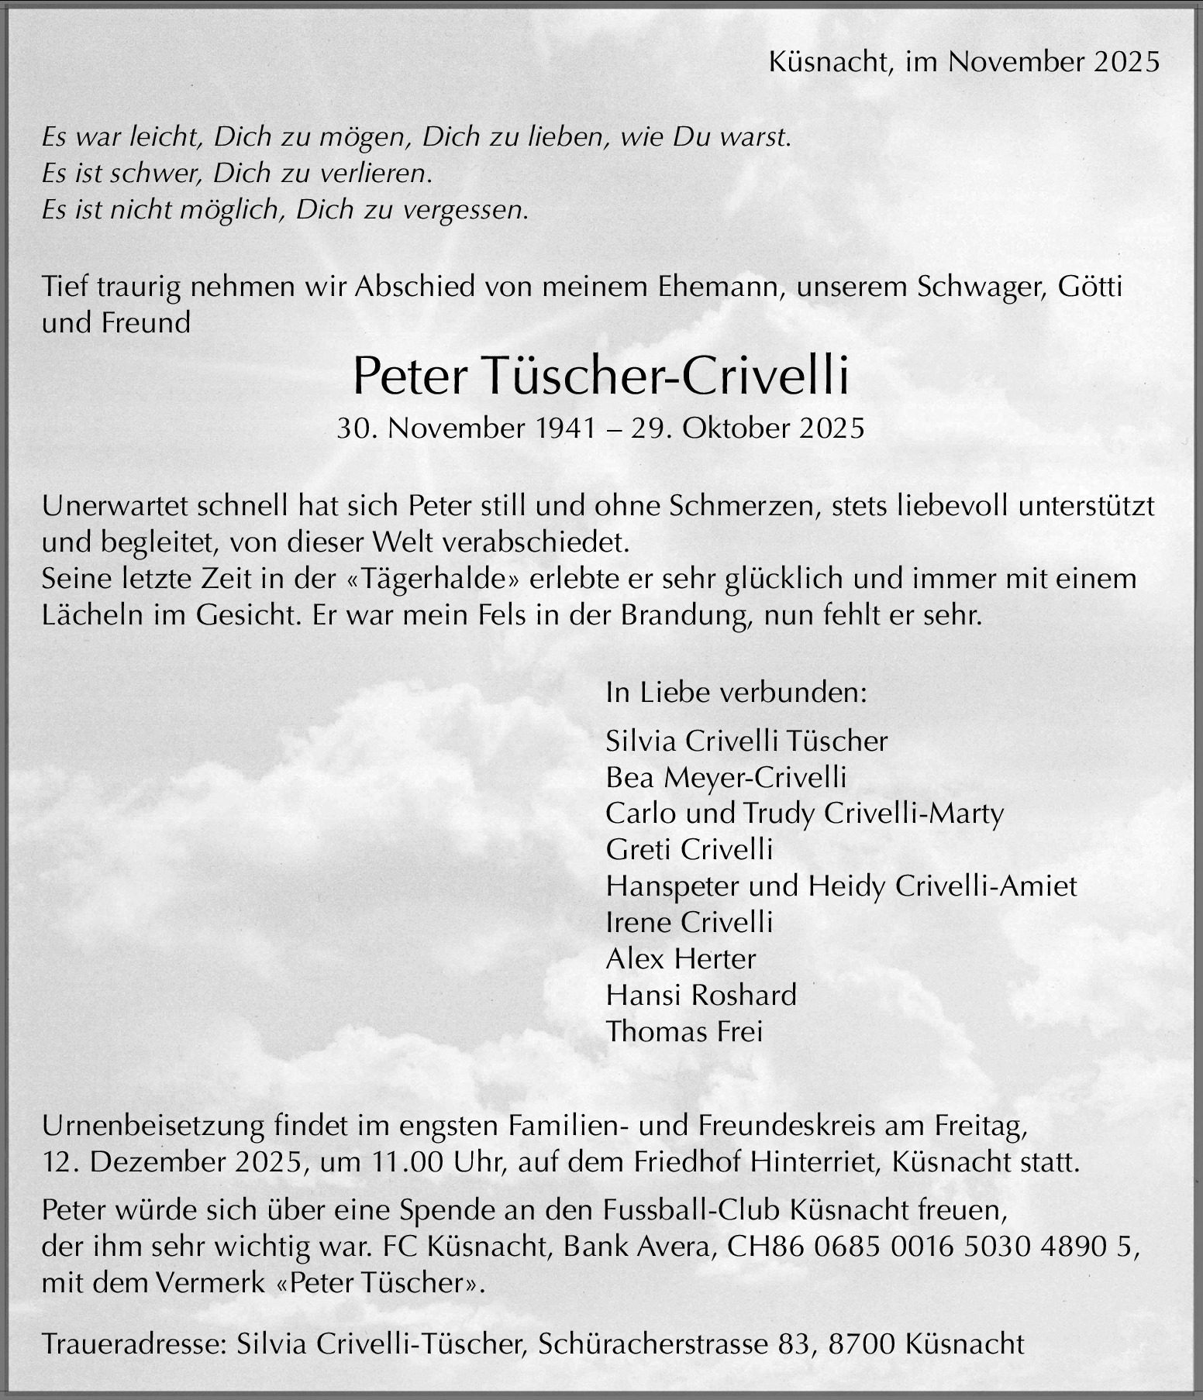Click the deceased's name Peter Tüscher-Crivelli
coord(601,376)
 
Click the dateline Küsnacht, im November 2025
coord(964,62)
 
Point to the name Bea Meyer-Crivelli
coord(726,777)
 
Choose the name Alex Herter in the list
coord(680,959)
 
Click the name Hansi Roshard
coord(701,995)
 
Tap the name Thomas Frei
coord(684,1031)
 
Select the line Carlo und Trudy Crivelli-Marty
coord(804,814)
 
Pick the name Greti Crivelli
coord(689,850)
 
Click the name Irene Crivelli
coord(689,922)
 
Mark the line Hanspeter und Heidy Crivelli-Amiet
coord(841,886)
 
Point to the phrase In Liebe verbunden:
coord(736,692)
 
